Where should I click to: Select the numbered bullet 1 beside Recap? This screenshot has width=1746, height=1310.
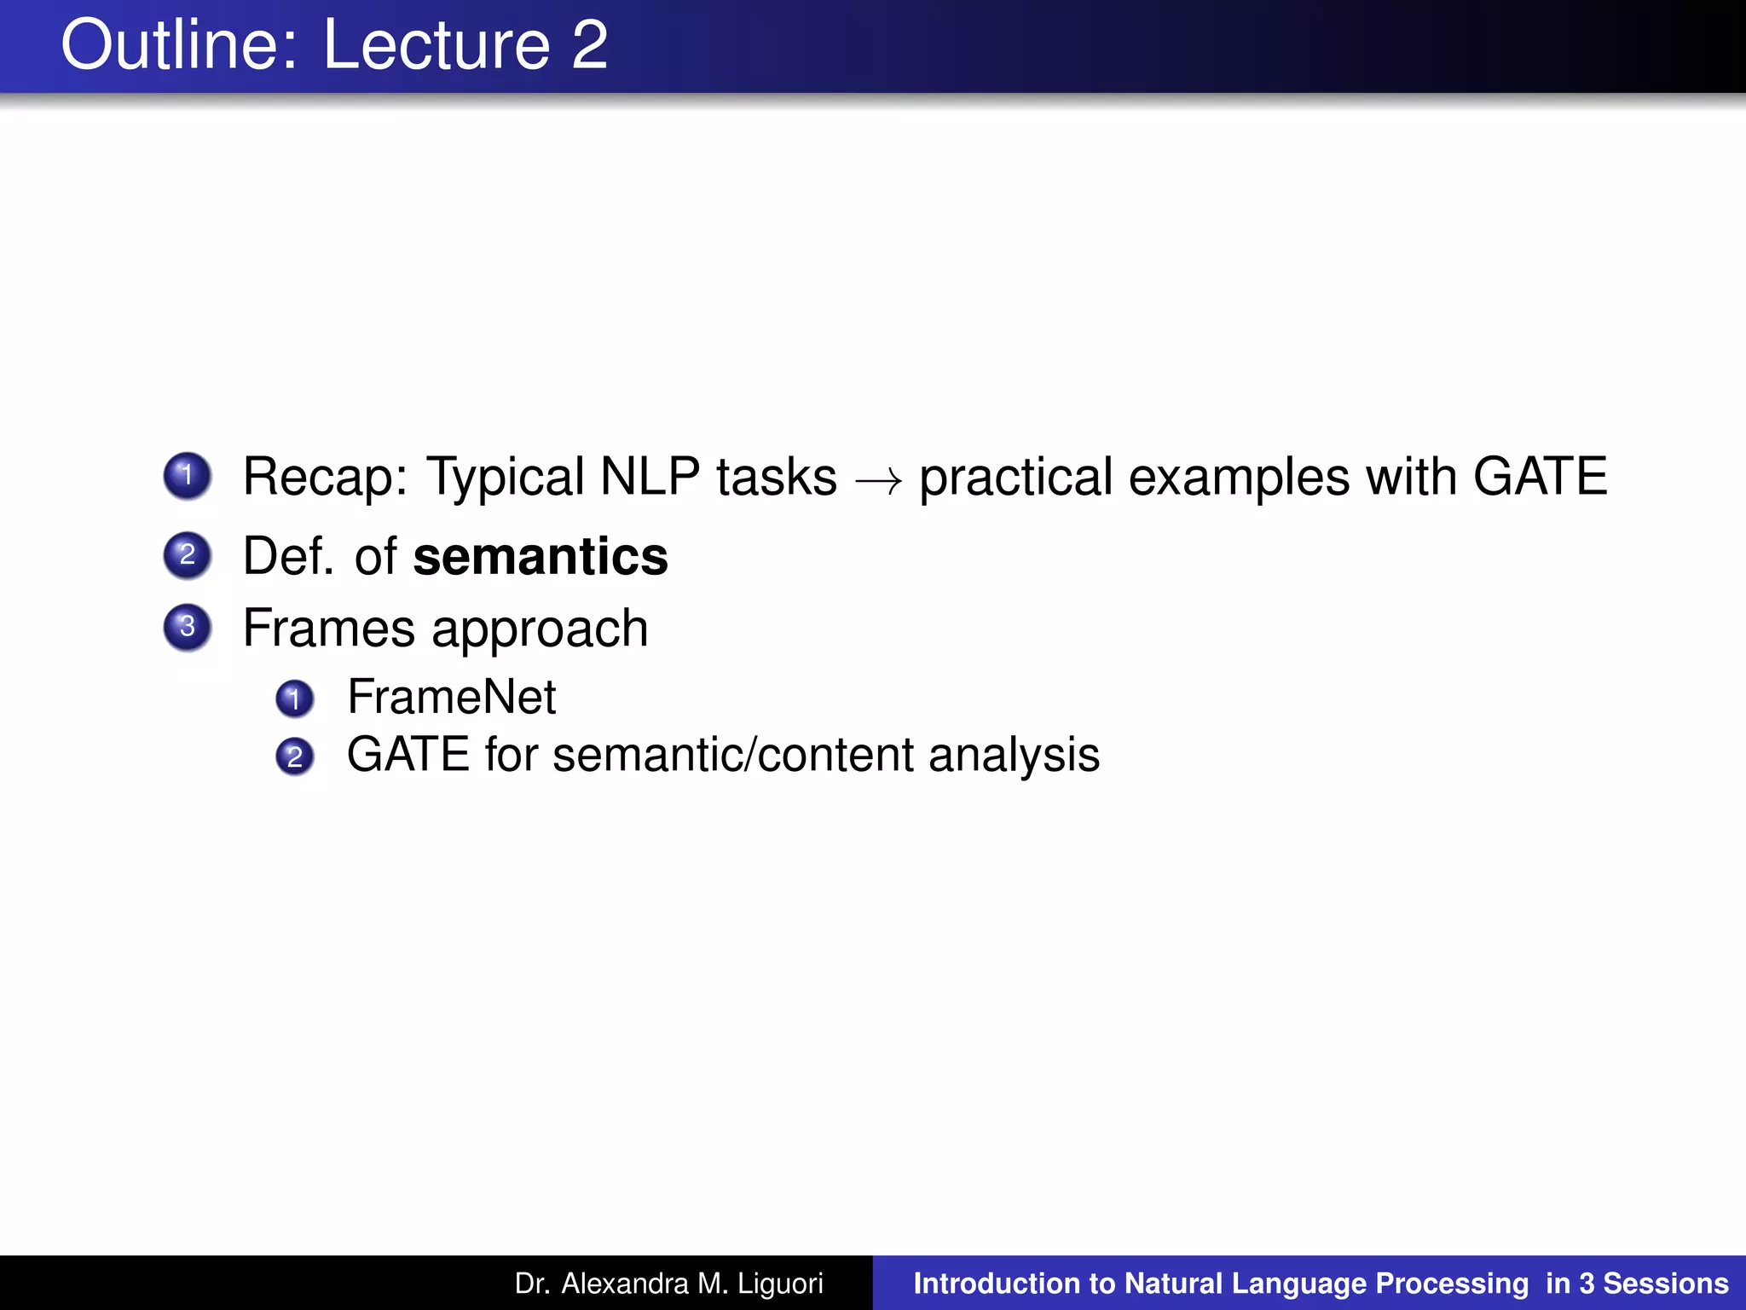pyautogui.click(x=188, y=475)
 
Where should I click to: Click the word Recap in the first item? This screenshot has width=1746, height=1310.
pyautogui.click(x=325, y=477)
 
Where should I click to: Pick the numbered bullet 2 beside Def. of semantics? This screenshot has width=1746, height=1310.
pyautogui.click(x=188, y=555)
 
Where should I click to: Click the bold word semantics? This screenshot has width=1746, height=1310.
pyautogui.click(x=541, y=557)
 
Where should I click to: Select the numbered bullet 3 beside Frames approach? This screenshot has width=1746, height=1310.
pyautogui.click(x=188, y=627)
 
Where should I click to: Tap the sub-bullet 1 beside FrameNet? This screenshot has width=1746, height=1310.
pyautogui.click(x=295, y=698)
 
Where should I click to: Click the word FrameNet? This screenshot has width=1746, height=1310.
pyautogui.click(x=451, y=697)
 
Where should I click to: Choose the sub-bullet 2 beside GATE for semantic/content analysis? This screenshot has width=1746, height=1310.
pyautogui.click(x=295, y=756)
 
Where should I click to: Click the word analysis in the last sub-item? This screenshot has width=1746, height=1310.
pyautogui.click(x=1014, y=756)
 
